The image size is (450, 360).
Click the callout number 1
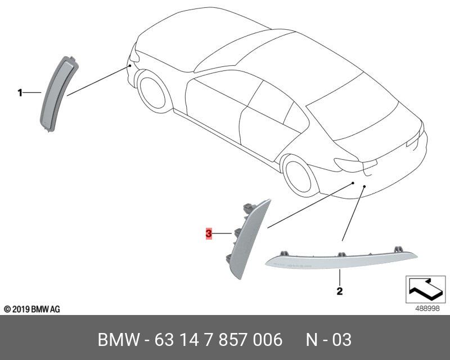(x=20, y=92)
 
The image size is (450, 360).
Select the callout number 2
(x=339, y=291)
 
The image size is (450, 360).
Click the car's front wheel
(x=154, y=92)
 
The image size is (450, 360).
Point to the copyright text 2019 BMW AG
(x=31, y=309)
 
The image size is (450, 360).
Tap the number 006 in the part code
(x=266, y=340)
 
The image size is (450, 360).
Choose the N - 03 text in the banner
(x=328, y=340)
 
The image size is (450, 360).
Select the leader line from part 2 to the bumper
(x=352, y=214)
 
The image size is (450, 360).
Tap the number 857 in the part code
(x=230, y=340)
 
